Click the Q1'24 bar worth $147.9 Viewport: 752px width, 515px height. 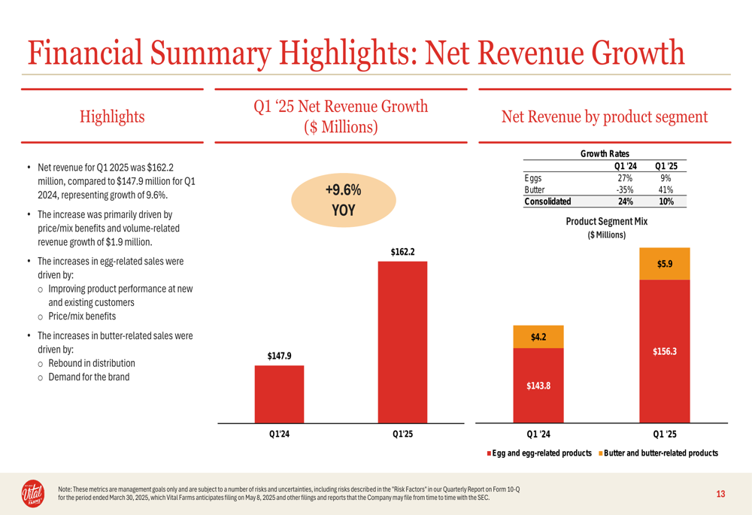tap(279, 394)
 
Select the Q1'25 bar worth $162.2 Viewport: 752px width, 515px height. tap(402, 342)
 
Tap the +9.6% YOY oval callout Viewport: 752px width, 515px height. tap(344, 200)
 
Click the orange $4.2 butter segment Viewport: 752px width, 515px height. tap(538, 337)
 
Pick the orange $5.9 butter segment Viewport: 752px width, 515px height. tap(665, 264)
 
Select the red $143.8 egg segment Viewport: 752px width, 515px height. tap(538, 386)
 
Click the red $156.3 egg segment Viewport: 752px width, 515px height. tap(665, 352)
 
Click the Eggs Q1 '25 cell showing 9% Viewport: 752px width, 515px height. tap(666, 178)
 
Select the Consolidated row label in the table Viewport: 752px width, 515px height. tap(547, 201)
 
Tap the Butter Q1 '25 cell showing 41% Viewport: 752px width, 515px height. tap(666, 190)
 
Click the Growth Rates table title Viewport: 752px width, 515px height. tap(605, 153)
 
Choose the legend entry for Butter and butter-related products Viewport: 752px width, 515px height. tap(659, 453)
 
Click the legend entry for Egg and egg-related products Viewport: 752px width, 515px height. tap(539, 453)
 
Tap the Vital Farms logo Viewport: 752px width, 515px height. tap(32, 493)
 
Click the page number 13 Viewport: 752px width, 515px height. tap(720, 494)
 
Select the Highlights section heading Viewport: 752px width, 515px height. tap(112, 117)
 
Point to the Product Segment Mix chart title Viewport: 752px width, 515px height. tap(607, 221)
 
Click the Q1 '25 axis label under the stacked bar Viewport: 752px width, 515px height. tap(665, 434)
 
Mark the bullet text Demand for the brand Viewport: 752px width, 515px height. tap(89, 377)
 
